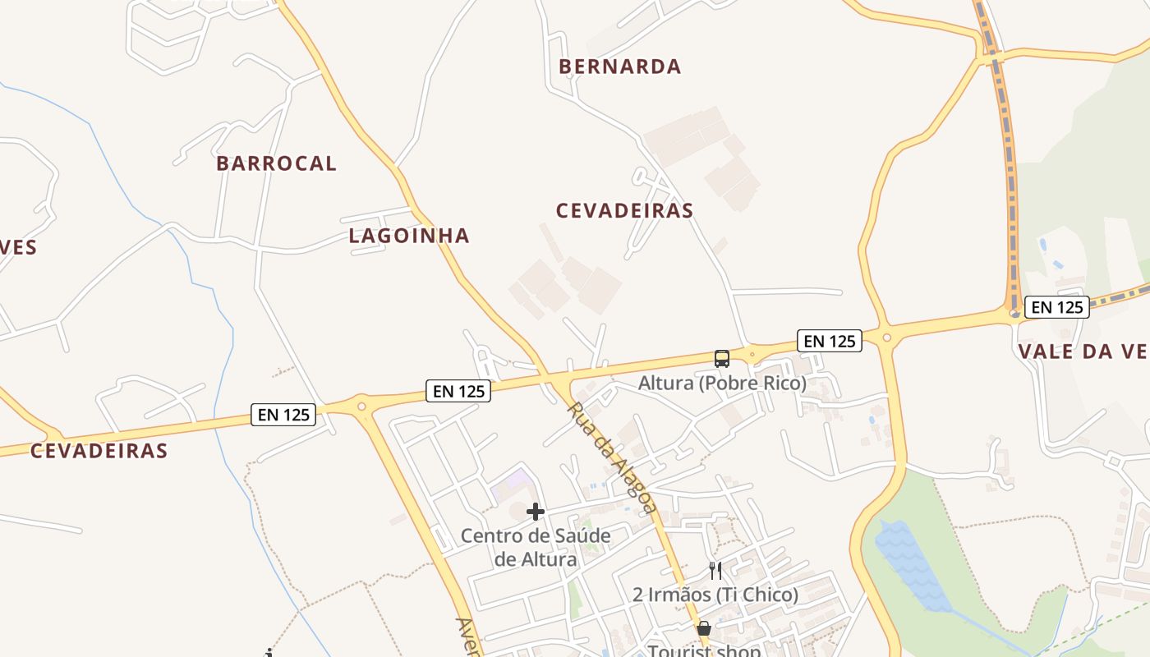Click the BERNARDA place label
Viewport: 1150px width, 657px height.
point(620,67)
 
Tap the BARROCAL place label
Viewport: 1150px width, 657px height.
point(276,163)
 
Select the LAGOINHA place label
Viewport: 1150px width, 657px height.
point(409,236)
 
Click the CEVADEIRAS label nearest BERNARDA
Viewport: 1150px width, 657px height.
point(624,211)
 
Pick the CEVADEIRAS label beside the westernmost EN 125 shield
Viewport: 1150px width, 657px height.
point(99,451)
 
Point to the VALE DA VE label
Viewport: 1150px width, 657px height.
point(1082,351)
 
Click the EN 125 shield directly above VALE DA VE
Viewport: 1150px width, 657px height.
point(1056,307)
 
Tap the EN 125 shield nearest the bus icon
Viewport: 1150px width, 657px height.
point(829,341)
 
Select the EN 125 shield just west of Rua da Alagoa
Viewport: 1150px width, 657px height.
point(458,391)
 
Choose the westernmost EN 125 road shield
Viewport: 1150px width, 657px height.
point(283,415)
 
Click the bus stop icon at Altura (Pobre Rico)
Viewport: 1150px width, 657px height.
point(722,359)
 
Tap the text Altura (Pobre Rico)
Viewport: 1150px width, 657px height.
point(722,383)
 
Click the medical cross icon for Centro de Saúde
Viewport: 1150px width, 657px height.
point(536,512)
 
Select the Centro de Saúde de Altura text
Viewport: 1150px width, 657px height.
point(536,548)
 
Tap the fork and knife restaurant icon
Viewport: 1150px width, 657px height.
point(715,570)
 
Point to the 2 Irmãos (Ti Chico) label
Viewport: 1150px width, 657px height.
point(715,595)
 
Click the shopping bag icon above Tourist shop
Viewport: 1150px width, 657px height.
point(704,630)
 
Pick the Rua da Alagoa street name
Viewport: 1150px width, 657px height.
point(611,457)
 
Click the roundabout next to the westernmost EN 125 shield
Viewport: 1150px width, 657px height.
point(361,406)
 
